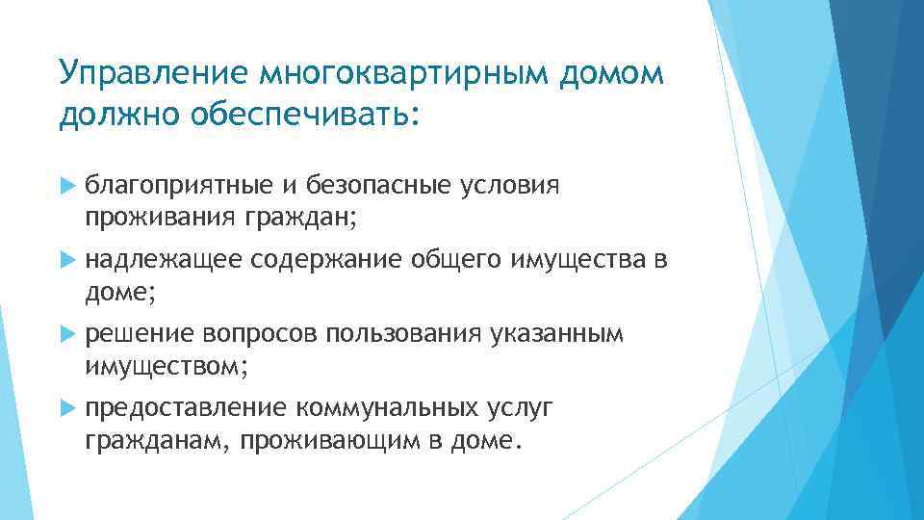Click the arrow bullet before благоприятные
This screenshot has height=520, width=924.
click(x=65, y=185)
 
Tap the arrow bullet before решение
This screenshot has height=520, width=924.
click(x=65, y=334)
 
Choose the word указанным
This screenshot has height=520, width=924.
click(x=557, y=334)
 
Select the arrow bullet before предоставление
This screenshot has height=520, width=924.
click(x=65, y=409)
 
